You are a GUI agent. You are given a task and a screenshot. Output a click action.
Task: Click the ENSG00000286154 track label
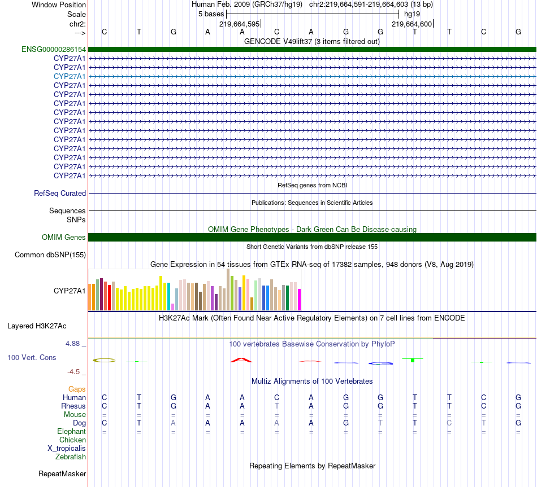pyautogui.click(x=54, y=49)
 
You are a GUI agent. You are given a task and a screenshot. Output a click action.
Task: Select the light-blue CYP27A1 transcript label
pyautogui.click(x=70, y=76)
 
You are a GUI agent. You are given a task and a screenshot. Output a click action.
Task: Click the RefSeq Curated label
pyautogui.click(x=60, y=193)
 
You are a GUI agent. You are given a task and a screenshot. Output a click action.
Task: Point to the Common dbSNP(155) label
pyautogui.click(x=50, y=255)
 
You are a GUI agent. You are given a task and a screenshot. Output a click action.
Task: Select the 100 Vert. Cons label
pyautogui.click(x=32, y=357)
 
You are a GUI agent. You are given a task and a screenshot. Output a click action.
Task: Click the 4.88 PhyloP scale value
pyautogui.click(x=74, y=343)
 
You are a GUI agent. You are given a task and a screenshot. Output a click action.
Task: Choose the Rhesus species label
pyautogui.click(x=73, y=406)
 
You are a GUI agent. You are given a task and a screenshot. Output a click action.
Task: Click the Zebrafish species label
pyautogui.click(x=71, y=457)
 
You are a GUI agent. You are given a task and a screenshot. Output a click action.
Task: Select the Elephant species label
pyautogui.click(x=71, y=431)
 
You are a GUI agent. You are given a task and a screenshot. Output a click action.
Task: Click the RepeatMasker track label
pyautogui.click(x=62, y=473)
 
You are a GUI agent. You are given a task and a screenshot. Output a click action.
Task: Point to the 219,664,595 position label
pyautogui.click(x=239, y=24)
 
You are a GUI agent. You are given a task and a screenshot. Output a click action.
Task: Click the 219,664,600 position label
pyautogui.click(x=412, y=24)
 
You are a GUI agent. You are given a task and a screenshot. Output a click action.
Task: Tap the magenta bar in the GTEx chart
pyautogui.click(x=300, y=299)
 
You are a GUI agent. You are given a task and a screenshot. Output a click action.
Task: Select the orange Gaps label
pyautogui.click(x=77, y=389)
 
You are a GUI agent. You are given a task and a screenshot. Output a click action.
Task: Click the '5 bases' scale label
pyautogui.click(x=211, y=14)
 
